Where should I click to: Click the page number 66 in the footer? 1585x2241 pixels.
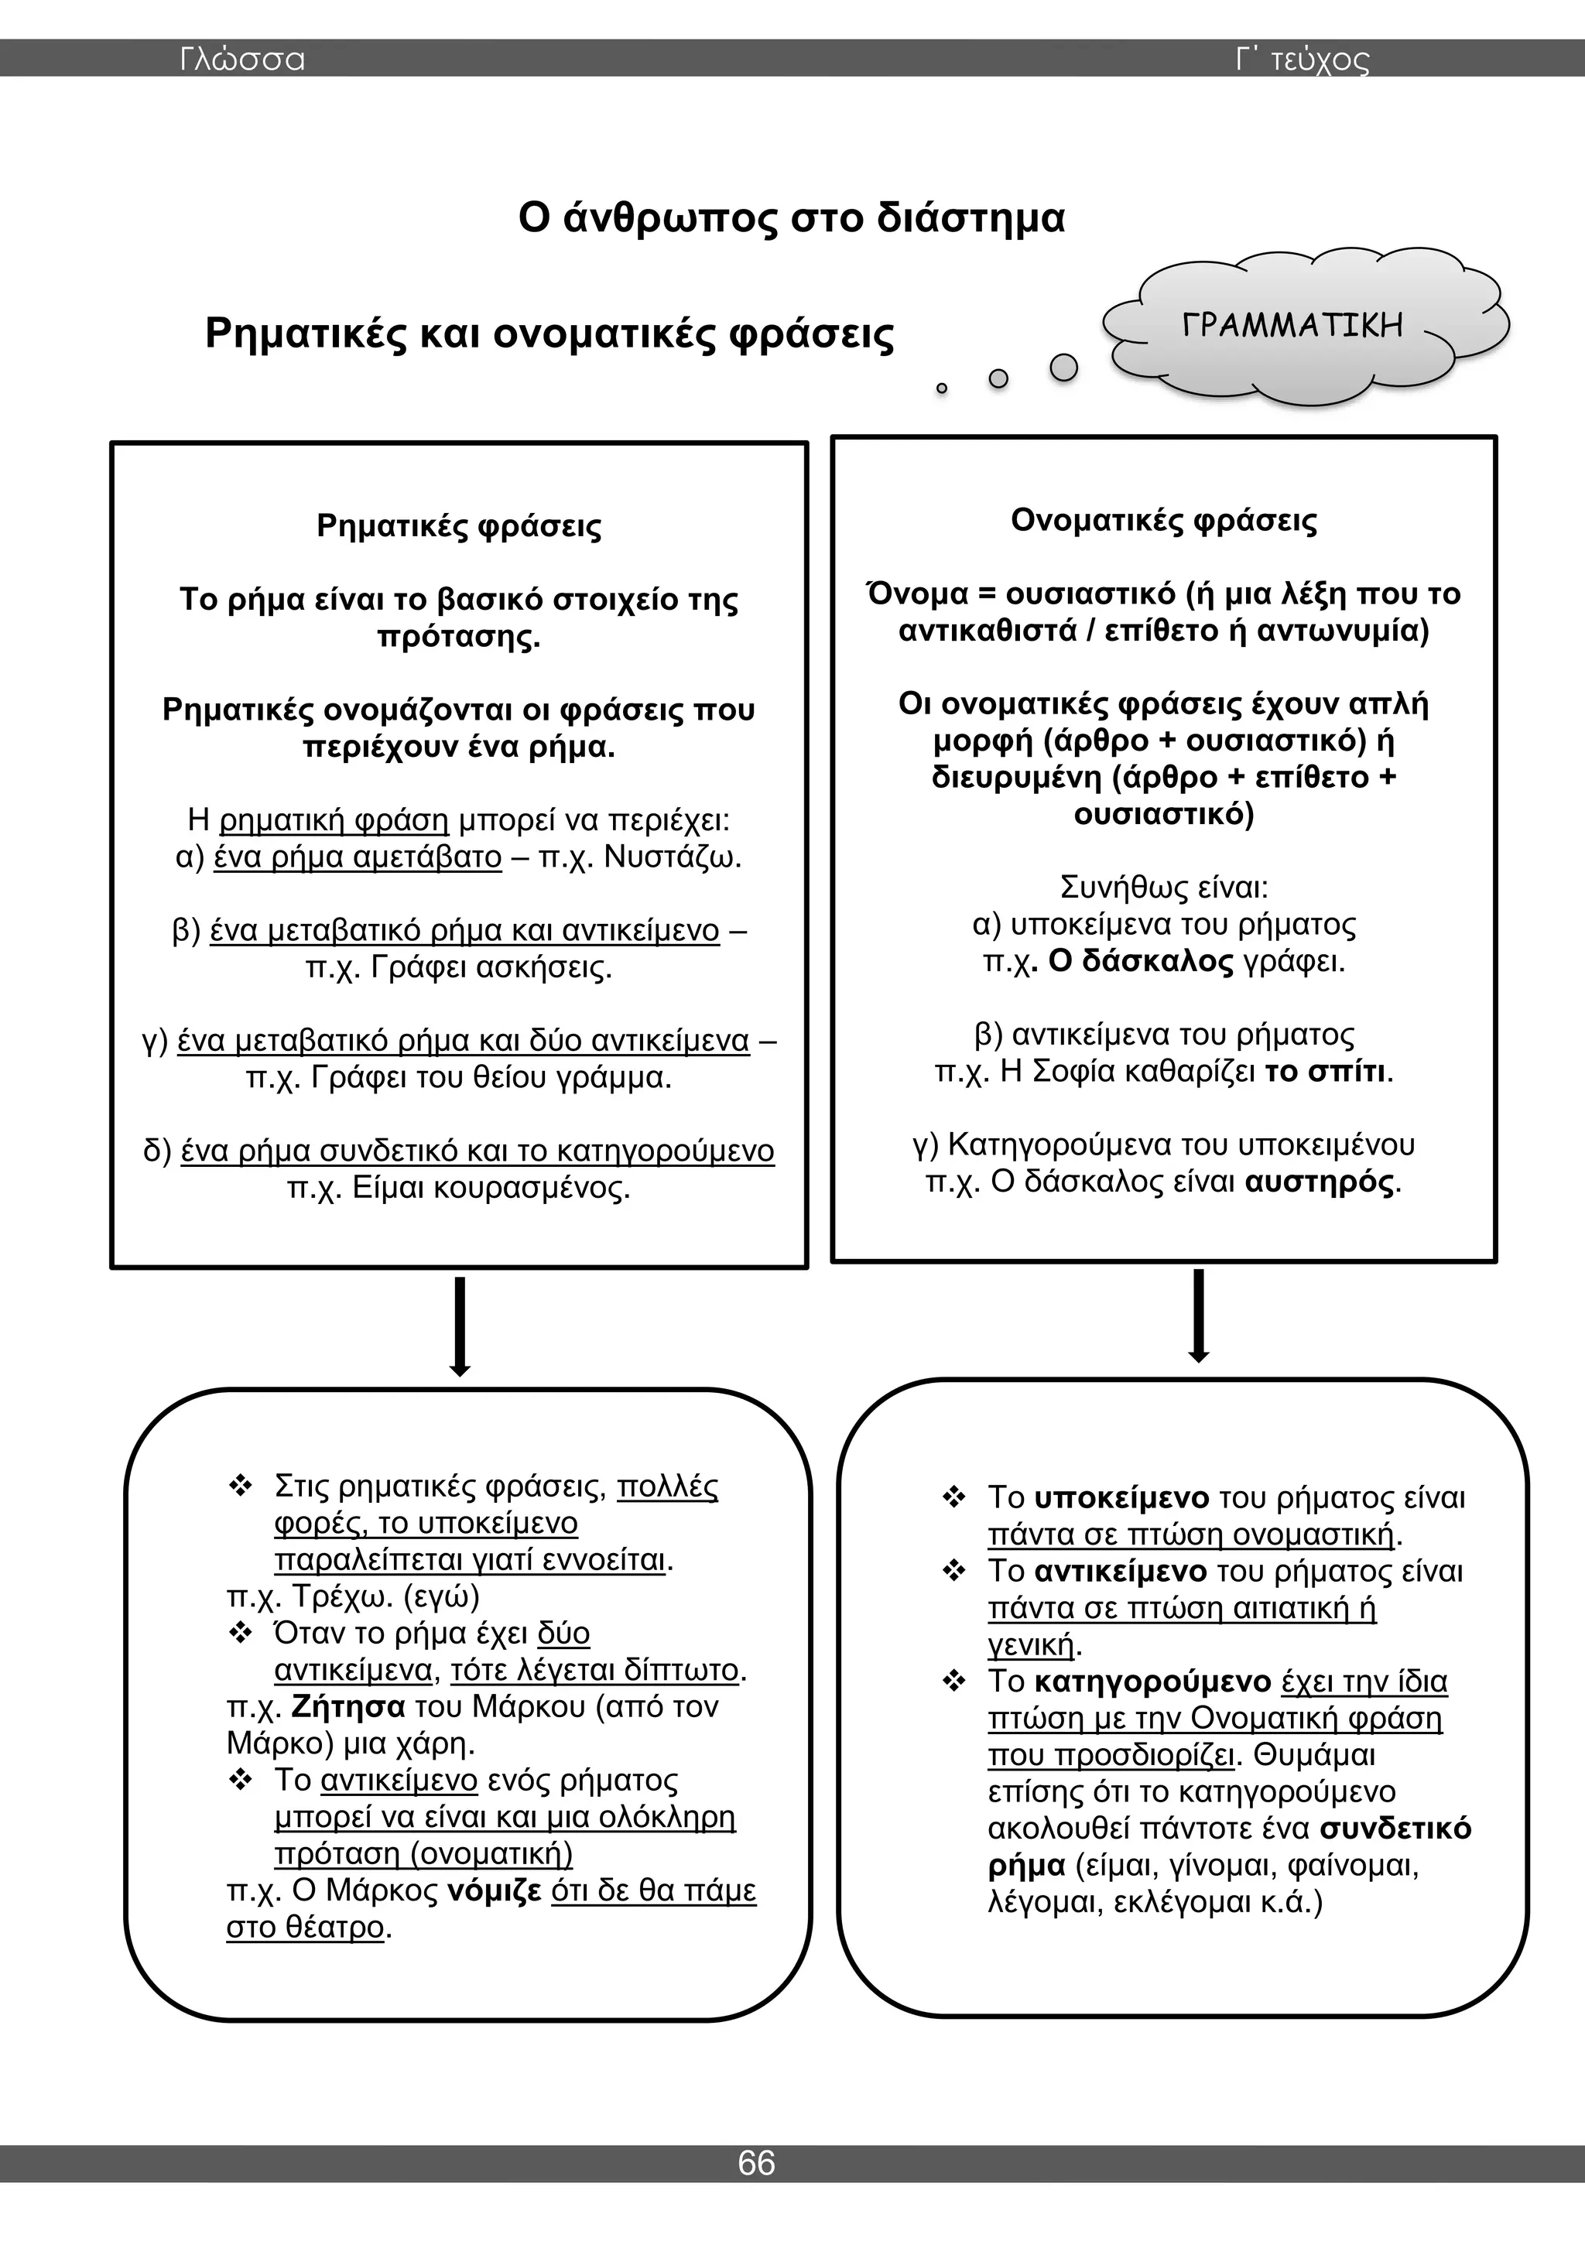pos(756,2162)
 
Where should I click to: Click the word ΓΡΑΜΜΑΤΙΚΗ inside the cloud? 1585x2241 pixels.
pos(1292,325)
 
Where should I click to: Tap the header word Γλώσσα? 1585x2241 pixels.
pos(242,60)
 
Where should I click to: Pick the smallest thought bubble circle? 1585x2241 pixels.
pos(942,388)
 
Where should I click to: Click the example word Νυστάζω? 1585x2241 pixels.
pos(673,857)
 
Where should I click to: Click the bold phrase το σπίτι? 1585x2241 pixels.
pos(1324,1072)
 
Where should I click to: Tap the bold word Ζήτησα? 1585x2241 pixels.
pos(348,1706)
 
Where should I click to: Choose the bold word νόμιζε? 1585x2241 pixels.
pos(494,1890)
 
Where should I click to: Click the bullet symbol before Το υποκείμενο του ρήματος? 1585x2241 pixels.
pos(953,1497)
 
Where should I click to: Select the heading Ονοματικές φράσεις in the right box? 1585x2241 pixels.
pos(1163,520)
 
